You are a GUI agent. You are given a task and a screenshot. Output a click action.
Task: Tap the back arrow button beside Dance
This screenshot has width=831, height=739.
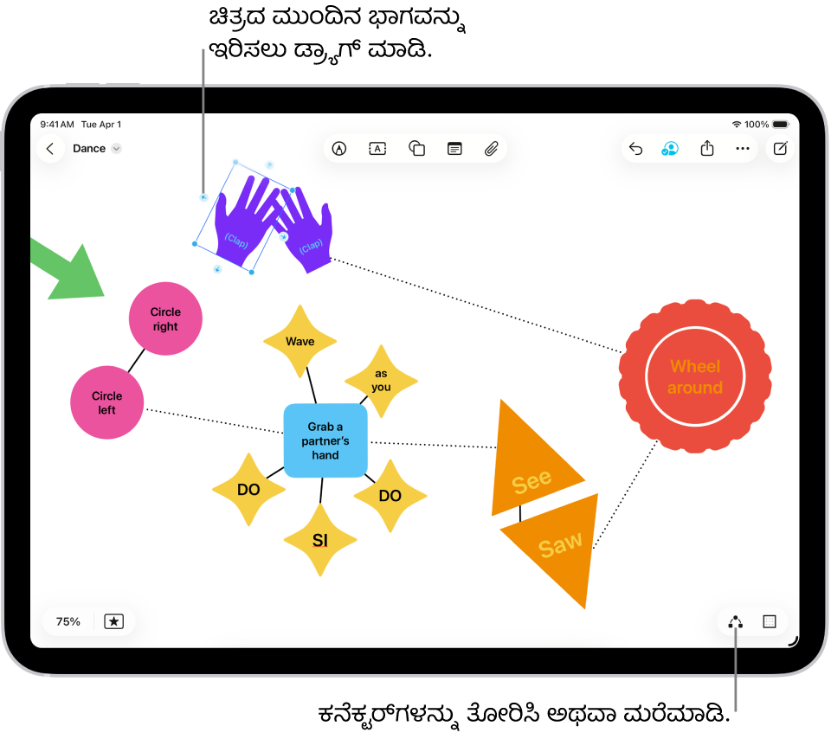[50, 149]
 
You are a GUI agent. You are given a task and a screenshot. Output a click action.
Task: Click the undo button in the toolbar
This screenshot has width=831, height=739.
[635, 149]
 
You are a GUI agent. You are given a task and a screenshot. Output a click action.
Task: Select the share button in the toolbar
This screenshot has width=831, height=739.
[707, 149]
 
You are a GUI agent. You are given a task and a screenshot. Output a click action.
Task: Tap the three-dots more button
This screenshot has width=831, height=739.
[743, 149]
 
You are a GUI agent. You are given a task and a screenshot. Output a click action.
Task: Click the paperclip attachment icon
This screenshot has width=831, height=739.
[491, 149]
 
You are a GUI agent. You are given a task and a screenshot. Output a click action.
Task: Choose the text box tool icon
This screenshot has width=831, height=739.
[377, 149]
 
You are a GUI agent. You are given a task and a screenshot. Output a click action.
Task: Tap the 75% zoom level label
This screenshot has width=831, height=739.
[68, 621]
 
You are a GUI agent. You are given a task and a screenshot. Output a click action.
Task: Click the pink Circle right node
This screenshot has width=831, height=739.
[165, 319]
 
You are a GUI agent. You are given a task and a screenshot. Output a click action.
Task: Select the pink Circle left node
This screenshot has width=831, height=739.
[106, 402]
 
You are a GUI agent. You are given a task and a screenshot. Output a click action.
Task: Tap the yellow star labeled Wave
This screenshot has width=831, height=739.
[300, 342]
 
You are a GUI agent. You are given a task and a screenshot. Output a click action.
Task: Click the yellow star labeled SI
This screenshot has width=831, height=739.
[320, 541]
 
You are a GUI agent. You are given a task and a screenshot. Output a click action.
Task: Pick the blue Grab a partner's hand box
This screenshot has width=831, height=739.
[325, 440]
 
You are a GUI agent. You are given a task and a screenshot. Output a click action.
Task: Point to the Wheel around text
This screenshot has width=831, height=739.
[695, 376]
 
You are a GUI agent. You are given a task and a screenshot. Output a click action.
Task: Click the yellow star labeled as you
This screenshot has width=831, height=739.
[381, 381]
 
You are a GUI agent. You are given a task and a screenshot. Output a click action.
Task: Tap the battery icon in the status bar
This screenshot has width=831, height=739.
[780, 125]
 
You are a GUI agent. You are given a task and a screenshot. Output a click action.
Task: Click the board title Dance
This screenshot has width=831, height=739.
[89, 149]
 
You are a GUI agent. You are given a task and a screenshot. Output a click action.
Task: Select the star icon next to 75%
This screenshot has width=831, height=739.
[114, 621]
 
